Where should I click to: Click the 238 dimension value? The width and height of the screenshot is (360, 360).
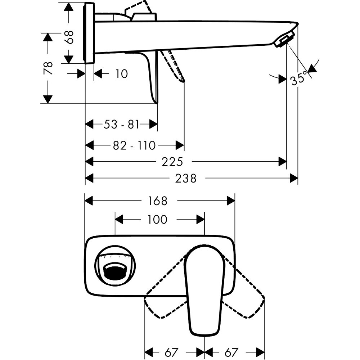coord(186,178)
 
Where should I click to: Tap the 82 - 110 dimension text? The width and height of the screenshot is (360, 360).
coord(134,145)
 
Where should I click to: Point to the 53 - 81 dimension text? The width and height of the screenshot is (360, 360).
coord(121,124)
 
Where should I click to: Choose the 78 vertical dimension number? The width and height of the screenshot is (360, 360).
coord(48,68)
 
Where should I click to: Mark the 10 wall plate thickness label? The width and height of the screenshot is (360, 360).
coord(122,74)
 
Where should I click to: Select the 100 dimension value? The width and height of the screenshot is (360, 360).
coord(157,219)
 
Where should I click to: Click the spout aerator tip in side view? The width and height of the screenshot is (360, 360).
coord(285,40)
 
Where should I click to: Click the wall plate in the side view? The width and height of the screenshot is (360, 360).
coord(89,33)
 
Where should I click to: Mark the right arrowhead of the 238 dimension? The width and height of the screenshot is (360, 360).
coord(294,178)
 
